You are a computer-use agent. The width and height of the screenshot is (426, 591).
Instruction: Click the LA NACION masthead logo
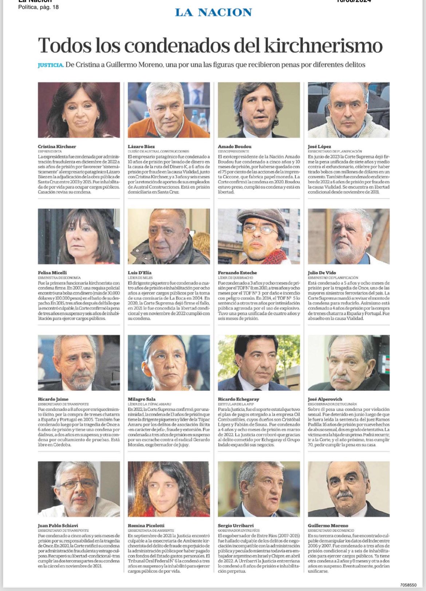click(x=213, y=12)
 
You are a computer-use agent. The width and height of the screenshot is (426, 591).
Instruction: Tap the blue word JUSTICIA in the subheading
click(x=51, y=65)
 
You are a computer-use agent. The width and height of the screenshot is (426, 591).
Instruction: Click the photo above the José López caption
click(x=348, y=110)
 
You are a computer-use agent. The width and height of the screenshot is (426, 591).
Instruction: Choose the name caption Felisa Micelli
click(x=52, y=273)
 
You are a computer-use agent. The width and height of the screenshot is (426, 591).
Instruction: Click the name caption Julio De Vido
click(x=322, y=273)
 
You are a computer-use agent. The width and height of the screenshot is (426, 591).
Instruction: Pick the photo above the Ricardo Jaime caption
click(x=79, y=362)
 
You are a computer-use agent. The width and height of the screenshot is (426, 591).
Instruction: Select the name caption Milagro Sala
click(x=142, y=399)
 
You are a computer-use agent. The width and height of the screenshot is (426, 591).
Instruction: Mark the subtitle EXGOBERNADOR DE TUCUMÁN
click(x=332, y=404)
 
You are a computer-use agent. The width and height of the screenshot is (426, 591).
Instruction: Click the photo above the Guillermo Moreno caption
click(x=348, y=489)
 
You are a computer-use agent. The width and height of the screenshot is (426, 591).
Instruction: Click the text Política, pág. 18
click(x=39, y=7)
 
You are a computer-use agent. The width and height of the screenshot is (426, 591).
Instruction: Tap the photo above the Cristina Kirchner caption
click(x=79, y=110)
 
